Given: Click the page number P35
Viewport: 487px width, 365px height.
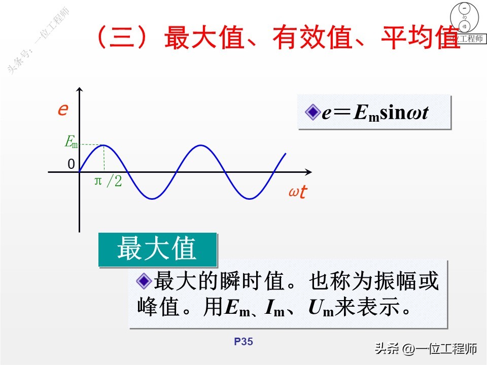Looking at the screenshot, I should [x=243, y=342].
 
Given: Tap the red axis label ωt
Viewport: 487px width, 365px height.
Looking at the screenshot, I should [x=297, y=193].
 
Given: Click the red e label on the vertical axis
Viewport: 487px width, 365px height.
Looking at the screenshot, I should [x=63, y=109].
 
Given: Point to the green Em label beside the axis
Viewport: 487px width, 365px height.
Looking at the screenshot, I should [x=72, y=142].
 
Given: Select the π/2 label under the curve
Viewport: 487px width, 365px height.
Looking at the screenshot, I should [x=108, y=181].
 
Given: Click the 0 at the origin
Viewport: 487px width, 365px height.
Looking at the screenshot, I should [x=71, y=164].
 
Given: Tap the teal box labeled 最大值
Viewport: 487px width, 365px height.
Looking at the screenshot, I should [x=157, y=249].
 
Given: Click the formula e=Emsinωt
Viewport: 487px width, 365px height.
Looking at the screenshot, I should [x=375, y=113].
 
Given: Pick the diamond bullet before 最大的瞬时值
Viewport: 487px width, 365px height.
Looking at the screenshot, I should [x=144, y=280].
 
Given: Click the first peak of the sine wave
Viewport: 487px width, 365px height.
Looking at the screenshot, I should [x=104, y=145].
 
